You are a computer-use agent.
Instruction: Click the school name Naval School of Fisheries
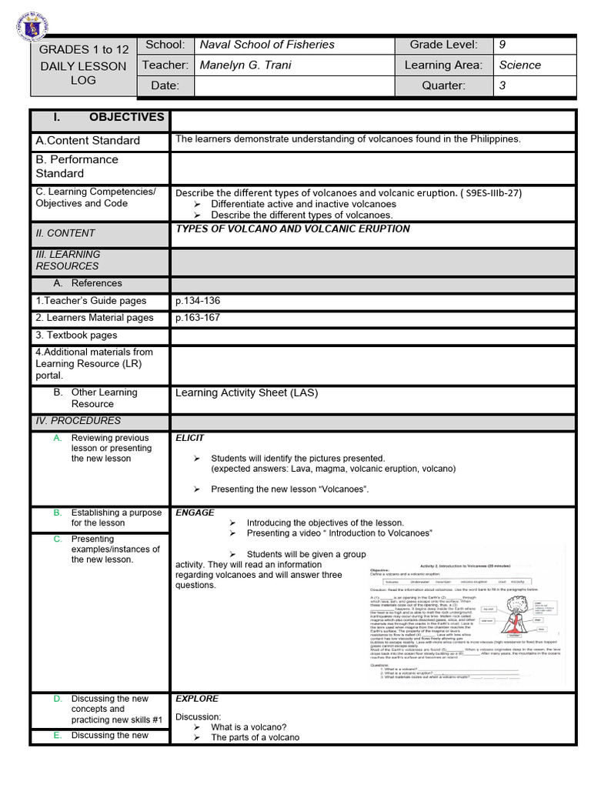click(x=267, y=45)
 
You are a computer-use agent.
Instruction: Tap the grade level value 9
click(x=503, y=45)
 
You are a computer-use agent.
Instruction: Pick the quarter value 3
click(x=503, y=85)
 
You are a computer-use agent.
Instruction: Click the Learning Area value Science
click(x=519, y=65)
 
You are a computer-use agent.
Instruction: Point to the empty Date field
click(x=295, y=85)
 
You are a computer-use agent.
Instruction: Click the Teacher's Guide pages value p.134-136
click(x=198, y=301)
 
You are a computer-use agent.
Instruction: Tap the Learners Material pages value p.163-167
click(x=198, y=318)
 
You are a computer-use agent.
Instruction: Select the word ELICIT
click(x=190, y=438)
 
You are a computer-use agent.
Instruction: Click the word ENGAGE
click(x=195, y=513)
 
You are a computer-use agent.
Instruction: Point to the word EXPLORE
click(x=197, y=699)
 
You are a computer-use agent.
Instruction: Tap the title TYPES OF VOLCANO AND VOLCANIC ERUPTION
click(x=292, y=229)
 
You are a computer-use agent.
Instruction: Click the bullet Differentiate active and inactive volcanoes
click(x=303, y=204)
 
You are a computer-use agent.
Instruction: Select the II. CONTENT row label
click(x=65, y=233)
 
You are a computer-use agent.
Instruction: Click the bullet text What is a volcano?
click(x=249, y=727)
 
